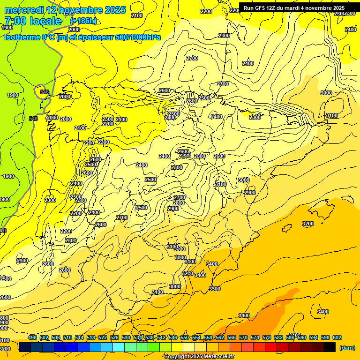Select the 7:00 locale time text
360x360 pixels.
pos(33,21)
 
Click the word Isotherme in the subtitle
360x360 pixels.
pos(22,37)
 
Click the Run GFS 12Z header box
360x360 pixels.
pos(294,8)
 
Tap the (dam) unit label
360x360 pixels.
pos(347,348)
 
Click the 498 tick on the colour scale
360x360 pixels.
pos(32,338)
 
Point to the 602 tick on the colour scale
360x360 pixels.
pos(337,338)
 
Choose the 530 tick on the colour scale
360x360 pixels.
pos(126,338)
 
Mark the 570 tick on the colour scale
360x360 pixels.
pos(243,338)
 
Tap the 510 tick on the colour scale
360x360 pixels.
pos(67,338)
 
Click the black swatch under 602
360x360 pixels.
pos(330,347)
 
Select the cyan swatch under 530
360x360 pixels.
pos(119,347)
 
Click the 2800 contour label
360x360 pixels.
pos(179,203)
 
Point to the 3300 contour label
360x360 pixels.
pos(215,289)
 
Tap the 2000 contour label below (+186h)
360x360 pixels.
pos(74,29)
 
